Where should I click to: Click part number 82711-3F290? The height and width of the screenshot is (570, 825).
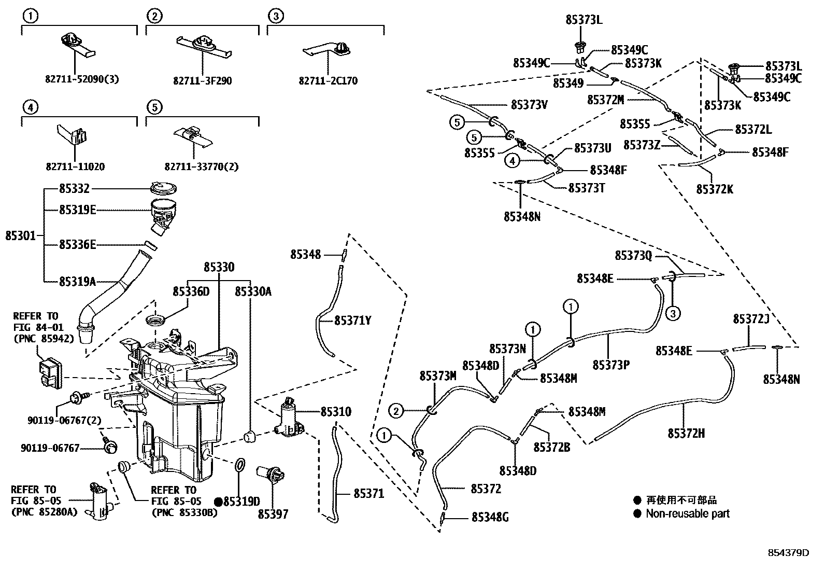[203, 81]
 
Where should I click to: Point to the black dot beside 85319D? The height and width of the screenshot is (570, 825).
[218, 502]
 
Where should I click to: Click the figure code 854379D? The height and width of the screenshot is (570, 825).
[788, 552]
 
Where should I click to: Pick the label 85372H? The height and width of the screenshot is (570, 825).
[686, 433]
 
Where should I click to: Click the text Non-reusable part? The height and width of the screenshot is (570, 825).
[687, 513]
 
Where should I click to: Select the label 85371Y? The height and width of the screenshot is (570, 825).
[353, 321]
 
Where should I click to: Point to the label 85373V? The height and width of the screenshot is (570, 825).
[529, 104]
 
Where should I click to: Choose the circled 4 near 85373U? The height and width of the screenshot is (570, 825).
[512, 161]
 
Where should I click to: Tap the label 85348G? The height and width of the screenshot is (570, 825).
[490, 517]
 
